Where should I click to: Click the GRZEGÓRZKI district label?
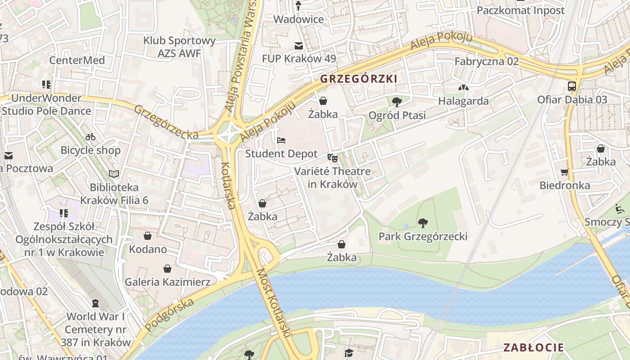tap(358, 79)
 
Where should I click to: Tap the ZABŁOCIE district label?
tap(533, 347)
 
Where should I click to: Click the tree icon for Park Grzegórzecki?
tap(423, 223)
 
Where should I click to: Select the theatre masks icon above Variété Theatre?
tap(333, 157)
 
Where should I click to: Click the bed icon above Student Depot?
tap(281, 140)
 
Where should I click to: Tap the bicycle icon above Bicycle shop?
tap(90, 137)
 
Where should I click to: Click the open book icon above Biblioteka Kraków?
tap(114, 174)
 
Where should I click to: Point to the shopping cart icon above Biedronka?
tap(565, 172)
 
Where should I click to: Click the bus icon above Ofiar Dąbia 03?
tap(572, 86)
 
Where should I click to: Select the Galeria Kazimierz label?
tap(167, 282)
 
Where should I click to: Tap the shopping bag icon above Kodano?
tap(148, 236)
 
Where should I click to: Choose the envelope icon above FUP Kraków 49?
tap(298, 46)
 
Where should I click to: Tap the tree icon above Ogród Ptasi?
tap(396, 102)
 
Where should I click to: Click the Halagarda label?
tap(463, 101)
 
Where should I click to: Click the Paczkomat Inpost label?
tap(520, 10)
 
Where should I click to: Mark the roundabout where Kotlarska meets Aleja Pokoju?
tap(229, 132)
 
